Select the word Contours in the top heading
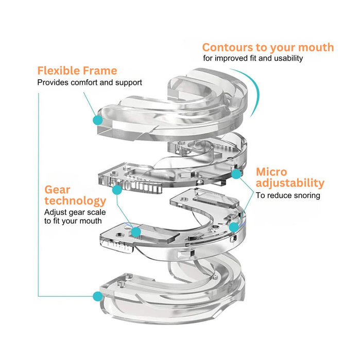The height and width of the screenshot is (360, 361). [226, 47]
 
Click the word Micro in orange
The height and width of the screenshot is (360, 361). [271, 171]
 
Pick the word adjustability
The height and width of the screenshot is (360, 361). [290, 183]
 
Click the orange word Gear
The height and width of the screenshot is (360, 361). [57, 189]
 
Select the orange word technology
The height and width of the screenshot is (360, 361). [75, 201]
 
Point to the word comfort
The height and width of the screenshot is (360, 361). [85, 82]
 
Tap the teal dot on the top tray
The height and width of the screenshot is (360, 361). [97, 120]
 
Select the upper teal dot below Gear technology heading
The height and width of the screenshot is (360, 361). [117, 190]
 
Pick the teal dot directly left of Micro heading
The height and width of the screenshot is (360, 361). [236, 174]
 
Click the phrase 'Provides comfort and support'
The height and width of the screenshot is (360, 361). [89, 82]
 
